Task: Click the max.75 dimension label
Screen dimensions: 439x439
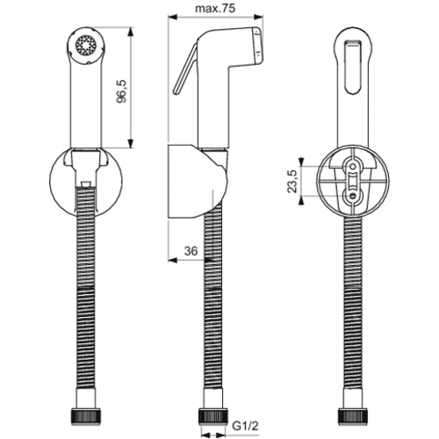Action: [x=215, y=9]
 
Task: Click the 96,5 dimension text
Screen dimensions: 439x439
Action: [x=121, y=91]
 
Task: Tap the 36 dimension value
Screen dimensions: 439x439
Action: [x=191, y=251]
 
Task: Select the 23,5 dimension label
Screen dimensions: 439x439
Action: [x=292, y=181]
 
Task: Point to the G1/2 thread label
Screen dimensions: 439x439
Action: [x=246, y=426]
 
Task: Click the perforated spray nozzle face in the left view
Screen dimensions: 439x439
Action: [x=86, y=46]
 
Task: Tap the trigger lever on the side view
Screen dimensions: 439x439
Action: [x=184, y=69]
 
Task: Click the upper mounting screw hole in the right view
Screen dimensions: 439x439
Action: [x=353, y=167]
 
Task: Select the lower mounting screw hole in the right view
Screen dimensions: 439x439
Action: [x=353, y=196]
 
